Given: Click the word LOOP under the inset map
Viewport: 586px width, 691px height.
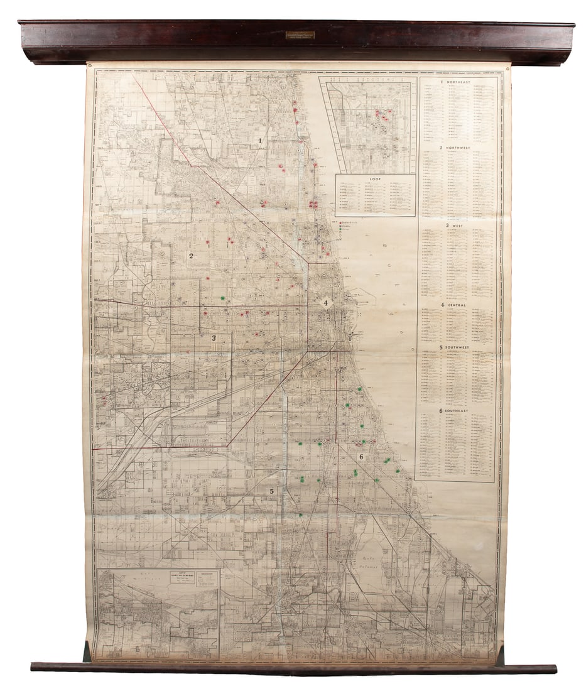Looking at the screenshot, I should [375, 178].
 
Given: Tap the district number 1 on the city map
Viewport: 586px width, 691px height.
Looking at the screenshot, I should [260, 141].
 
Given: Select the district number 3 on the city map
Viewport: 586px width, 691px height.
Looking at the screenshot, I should [214, 338].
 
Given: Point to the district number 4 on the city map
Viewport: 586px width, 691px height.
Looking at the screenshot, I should [325, 303].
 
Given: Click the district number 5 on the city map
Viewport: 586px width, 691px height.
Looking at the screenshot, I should [272, 491].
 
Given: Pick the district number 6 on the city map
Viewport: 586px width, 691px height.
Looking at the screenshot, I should [361, 457].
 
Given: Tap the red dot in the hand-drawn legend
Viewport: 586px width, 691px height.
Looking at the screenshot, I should [340, 223].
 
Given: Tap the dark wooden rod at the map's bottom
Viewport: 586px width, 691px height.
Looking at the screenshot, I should [293, 668].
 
